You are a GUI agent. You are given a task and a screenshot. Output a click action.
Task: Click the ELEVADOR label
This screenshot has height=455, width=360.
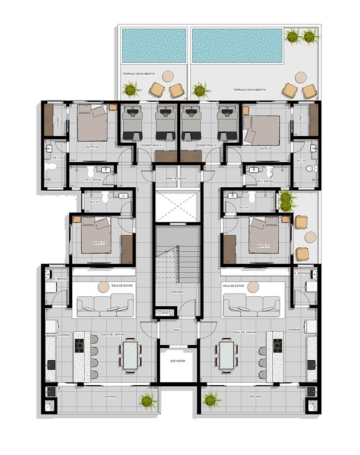[x=178, y=361]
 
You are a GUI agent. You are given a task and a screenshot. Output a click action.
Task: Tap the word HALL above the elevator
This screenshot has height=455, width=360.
[x=177, y=331]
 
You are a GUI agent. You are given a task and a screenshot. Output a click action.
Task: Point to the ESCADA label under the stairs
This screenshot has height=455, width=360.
[x=177, y=291]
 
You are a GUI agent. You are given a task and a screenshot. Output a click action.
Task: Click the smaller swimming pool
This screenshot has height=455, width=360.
[x=153, y=45]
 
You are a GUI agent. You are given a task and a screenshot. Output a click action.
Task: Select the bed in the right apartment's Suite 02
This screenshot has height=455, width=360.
[x=261, y=129]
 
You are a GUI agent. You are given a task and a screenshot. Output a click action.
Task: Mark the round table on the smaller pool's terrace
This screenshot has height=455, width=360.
[x=167, y=76]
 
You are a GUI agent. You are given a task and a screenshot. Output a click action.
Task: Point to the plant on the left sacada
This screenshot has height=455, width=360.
[x=147, y=400]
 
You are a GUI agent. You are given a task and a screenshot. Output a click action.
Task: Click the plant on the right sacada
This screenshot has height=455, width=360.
[x=210, y=400]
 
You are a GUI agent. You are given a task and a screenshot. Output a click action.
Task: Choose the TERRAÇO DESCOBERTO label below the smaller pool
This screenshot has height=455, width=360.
[x=139, y=74]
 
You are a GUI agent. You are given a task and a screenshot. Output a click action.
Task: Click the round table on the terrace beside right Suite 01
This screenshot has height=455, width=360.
[x=310, y=237]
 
